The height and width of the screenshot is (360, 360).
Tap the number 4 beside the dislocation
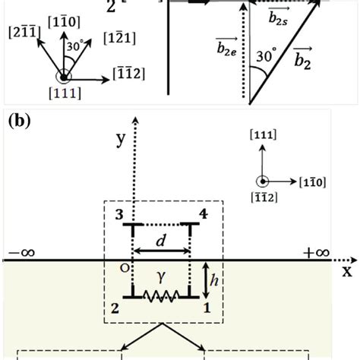tap(201, 214)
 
